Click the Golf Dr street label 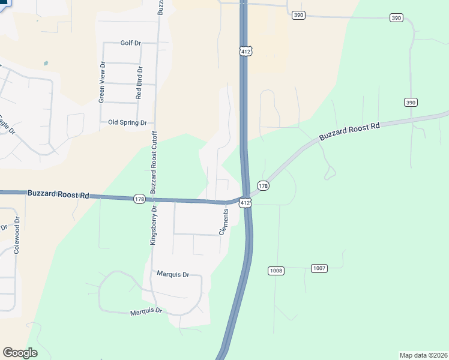(x=130, y=43)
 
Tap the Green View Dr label (x=103, y=82)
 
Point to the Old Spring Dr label (x=127, y=122)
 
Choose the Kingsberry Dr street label (x=154, y=226)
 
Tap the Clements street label (x=224, y=221)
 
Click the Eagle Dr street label (x=5, y=123)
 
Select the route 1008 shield (x=276, y=271)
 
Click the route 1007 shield (x=319, y=268)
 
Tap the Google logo (x=20, y=353)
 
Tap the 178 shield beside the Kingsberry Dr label (x=139, y=199)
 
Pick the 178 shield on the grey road (x=263, y=186)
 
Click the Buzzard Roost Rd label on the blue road (x=58, y=194)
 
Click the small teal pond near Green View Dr (x=46, y=63)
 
